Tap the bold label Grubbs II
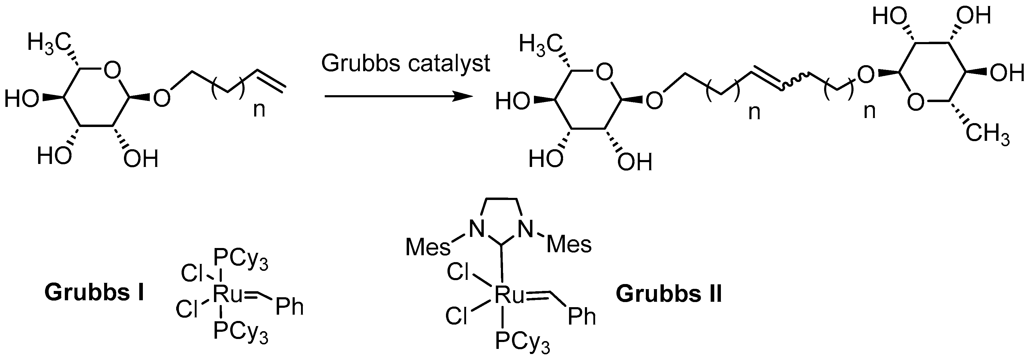tap(669, 295)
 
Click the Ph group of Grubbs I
tap(290, 307)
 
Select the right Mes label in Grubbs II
tap(569, 244)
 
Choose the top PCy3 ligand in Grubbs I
tap(241, 260)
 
